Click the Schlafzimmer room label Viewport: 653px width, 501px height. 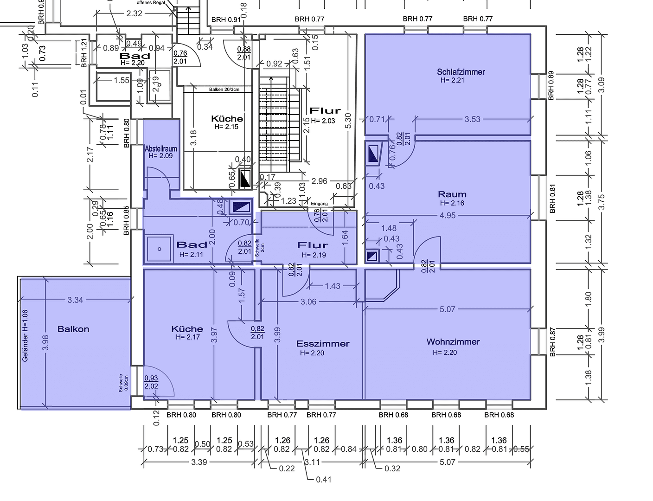461,72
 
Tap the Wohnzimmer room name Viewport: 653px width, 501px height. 453,342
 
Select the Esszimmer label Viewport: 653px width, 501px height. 323,344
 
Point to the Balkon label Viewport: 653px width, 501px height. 73,329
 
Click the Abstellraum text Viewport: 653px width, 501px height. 161,149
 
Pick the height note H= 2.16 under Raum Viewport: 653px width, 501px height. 452,203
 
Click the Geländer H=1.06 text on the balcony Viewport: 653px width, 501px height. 25,336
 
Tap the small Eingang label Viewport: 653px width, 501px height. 319,204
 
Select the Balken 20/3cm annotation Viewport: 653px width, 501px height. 224,90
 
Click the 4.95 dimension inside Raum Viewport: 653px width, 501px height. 448,215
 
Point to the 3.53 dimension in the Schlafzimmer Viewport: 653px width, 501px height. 473,119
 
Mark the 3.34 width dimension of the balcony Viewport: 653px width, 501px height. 75,300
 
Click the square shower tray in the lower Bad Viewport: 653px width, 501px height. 159,249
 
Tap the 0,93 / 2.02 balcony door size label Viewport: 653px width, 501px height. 151,382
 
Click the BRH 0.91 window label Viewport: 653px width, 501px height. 226,19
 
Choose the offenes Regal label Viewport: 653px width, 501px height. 151,3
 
